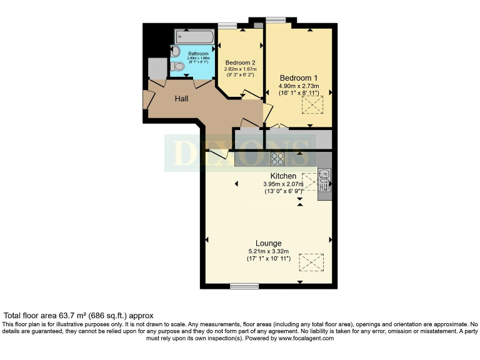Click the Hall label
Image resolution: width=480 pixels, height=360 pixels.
(181, 99)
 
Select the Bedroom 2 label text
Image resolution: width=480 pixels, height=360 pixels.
(241, 62)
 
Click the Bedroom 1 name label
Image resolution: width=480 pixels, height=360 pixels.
(299, 77)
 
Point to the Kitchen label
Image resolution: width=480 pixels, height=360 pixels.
(283, 176)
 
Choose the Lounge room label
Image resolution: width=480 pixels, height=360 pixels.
(268, 243)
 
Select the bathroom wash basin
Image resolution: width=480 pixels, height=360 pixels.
(176, 51)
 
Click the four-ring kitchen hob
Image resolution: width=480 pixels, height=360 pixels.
(277, 158)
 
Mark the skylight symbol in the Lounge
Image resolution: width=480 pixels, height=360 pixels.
(311, 262)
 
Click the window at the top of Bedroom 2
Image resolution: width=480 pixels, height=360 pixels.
(227, 26)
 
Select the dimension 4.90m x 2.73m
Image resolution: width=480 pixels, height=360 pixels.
(299, 86)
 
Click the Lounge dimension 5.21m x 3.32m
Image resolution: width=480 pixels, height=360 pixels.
(268, 251)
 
